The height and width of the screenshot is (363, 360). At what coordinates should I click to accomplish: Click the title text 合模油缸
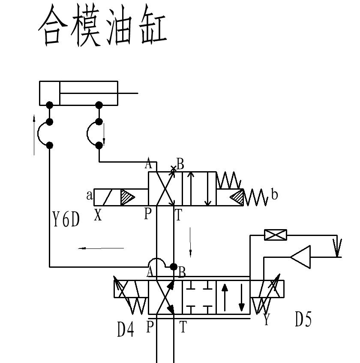pyautogui.click(x=102, y=27)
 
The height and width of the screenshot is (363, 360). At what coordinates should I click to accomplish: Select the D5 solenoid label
pyautogui.click(x=303, y=320)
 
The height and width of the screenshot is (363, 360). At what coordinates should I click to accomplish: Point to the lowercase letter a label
pyautogui.click(x=89, y=196)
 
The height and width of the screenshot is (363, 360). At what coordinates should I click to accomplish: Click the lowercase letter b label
pyautogui.click(x=274, y=195)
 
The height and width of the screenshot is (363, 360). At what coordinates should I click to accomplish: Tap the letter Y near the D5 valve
pyautogui.click(x=267, y=320)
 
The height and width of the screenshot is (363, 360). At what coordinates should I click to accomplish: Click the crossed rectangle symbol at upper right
pyautogui.click(x=276, y=235)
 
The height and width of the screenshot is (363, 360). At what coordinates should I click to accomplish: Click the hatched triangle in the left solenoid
pyautogui.click(x=127, y=197)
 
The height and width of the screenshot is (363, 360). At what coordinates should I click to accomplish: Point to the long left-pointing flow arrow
pyautogui.click(x=101, y=248)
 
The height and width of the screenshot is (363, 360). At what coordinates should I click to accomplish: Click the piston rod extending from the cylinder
pyautogui.click(x=128, y=93)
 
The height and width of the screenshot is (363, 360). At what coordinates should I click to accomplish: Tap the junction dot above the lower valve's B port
pyautogui.click(x=174, y=267)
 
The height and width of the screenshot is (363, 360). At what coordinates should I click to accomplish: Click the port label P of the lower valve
pyautogui.click(x=150, y=327)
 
